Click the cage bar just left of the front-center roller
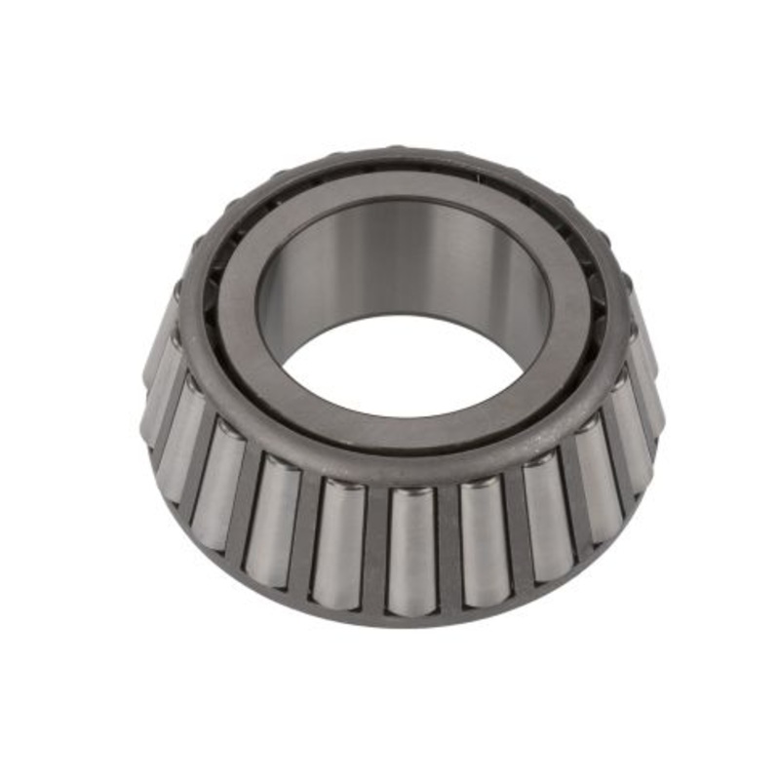[376, 551]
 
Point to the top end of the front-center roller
[411, 493]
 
